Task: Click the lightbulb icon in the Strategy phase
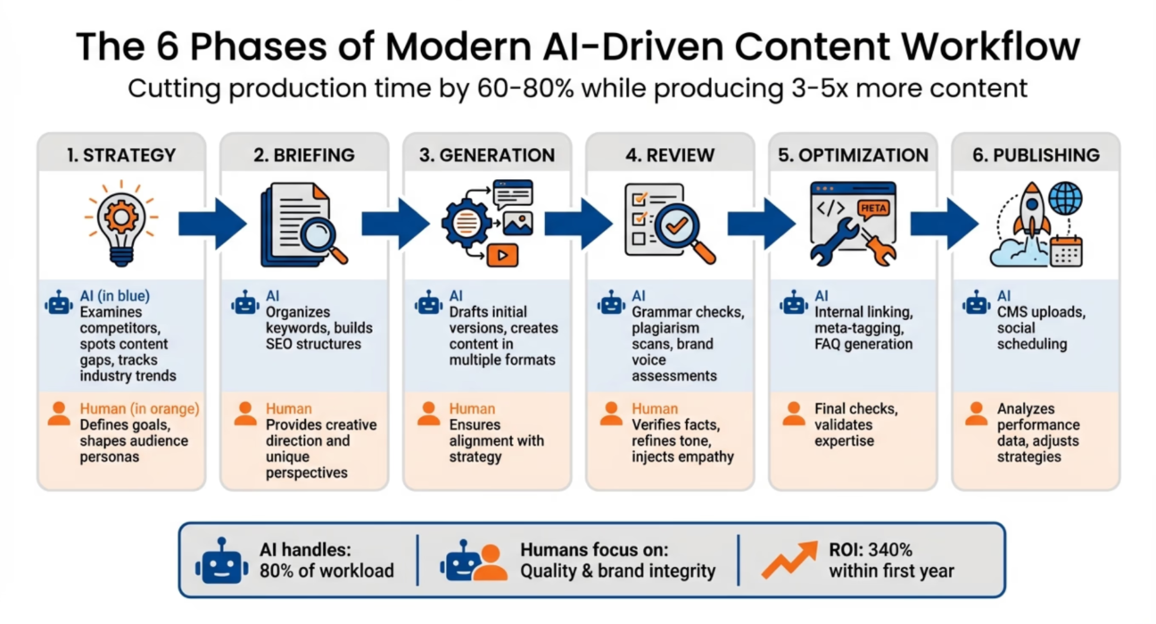(121, 222)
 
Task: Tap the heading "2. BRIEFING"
(303, 155)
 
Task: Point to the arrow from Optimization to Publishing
(944, 224)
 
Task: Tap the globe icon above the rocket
(1065, 198)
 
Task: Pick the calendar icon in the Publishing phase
(1066, 251)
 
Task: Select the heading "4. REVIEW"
(669, 155)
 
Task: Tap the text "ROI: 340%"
(871, 550)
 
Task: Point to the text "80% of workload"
(326, 571)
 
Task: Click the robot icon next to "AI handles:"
(221, 562)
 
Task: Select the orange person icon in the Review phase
(611, 414)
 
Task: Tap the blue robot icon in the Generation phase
(429, 303)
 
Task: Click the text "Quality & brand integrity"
(617, 571)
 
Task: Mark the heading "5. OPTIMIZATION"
(852, 155)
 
